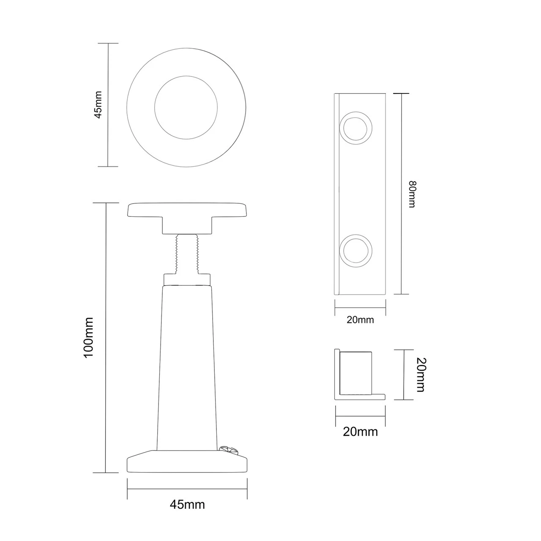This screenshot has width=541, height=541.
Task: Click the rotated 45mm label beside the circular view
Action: (x=98, y=105)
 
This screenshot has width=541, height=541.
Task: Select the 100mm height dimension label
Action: (x=88, y=338)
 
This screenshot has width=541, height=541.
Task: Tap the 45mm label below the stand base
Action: (x=187, y=504)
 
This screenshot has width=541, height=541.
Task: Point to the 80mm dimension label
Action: (x=412, y=194)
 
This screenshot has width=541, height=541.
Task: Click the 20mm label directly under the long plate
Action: (x=360, y=320)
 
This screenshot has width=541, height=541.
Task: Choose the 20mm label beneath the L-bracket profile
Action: (x=360, y=432)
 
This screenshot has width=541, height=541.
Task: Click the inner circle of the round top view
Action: (x=186, y=108)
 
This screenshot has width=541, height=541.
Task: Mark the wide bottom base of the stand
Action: (x=187, y=463)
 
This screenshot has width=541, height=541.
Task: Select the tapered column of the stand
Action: (x=187, y=363)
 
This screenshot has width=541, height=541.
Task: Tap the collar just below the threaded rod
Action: (x=187, y=279)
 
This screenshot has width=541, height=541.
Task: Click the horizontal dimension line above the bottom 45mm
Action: (x=187, y=489)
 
